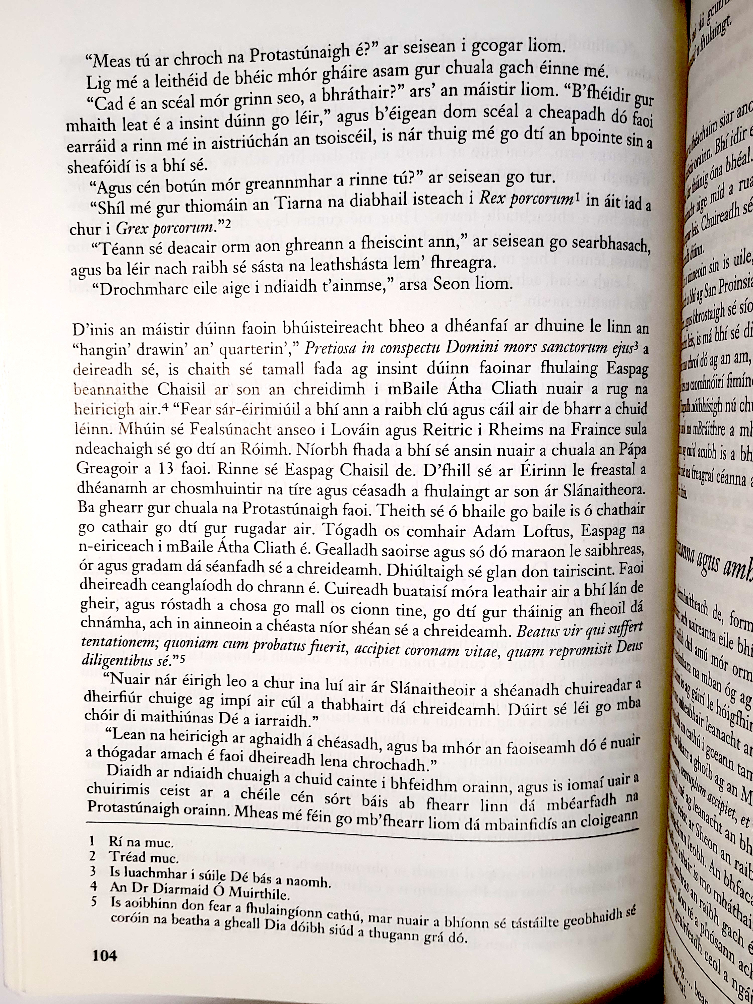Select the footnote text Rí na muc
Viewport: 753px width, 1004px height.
141,842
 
